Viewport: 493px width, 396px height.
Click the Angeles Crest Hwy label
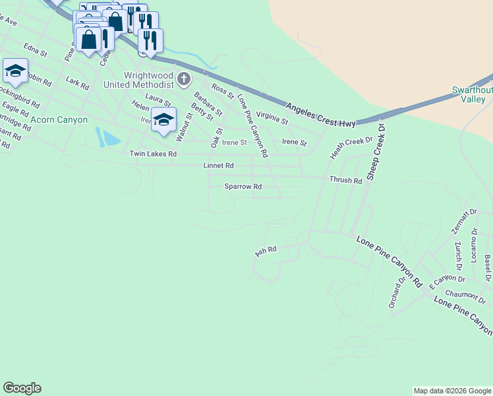(321, 114)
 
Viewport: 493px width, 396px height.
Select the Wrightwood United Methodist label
(138, 80)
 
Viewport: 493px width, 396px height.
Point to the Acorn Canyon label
(59, 119)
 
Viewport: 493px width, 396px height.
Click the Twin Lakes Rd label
(153, 154)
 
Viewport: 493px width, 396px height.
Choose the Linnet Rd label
(219, 165)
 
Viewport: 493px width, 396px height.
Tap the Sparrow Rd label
(243, 187)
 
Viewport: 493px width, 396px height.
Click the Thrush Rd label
(346, 180)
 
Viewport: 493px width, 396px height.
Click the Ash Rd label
(265, 251)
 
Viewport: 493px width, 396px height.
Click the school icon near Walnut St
(163, 119)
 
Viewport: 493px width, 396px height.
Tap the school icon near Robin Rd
(14, 70)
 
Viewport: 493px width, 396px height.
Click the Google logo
(22, 388)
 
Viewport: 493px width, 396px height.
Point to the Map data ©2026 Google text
(451, 391)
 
